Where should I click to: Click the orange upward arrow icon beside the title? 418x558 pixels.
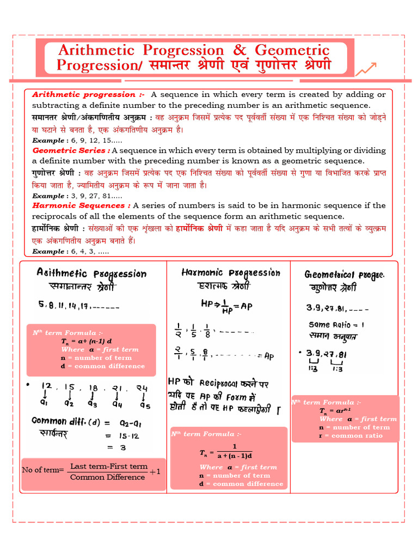point(366,69)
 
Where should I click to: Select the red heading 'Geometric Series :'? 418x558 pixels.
point(71,150)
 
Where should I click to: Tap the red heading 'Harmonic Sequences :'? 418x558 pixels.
point(81,205)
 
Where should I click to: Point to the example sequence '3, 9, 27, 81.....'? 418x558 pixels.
point(94,196)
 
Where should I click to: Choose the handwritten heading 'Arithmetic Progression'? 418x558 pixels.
point(91,274)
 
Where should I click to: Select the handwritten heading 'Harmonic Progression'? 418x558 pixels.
point(231,272)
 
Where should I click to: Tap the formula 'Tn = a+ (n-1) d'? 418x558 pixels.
point(87,341)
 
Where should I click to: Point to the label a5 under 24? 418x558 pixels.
point(144,405)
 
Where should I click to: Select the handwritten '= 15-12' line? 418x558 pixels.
point(119,435)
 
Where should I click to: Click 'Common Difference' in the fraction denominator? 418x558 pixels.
point(107,477)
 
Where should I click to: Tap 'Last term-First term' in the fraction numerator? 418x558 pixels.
point(109,466)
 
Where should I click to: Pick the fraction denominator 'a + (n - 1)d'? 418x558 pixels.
point(231,456)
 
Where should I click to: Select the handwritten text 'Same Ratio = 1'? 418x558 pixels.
point(336,324)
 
